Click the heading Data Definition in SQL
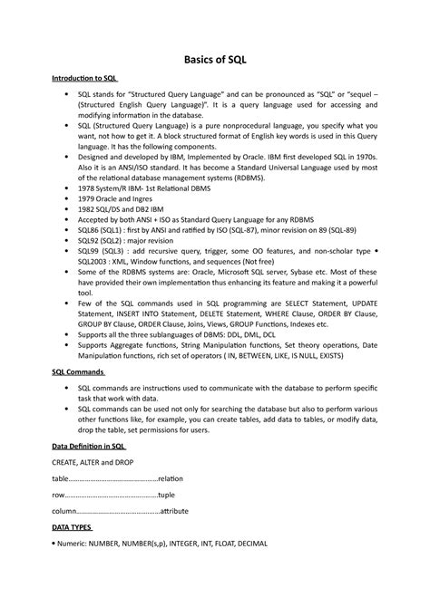click(88, 447)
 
